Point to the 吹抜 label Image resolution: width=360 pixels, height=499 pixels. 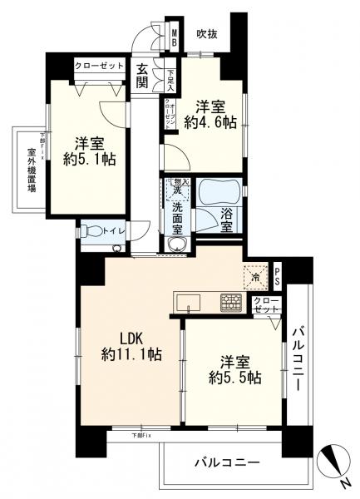(208, 34)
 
